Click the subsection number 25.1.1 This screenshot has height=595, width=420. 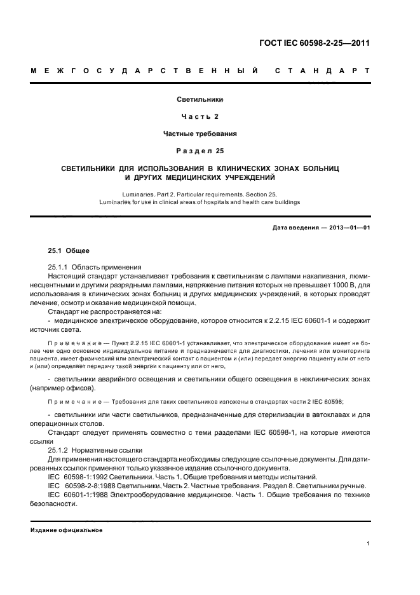pyautogui.click(x=58, y=267)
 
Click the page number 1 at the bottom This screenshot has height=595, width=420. pyautogui.click(x=369, y=544)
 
